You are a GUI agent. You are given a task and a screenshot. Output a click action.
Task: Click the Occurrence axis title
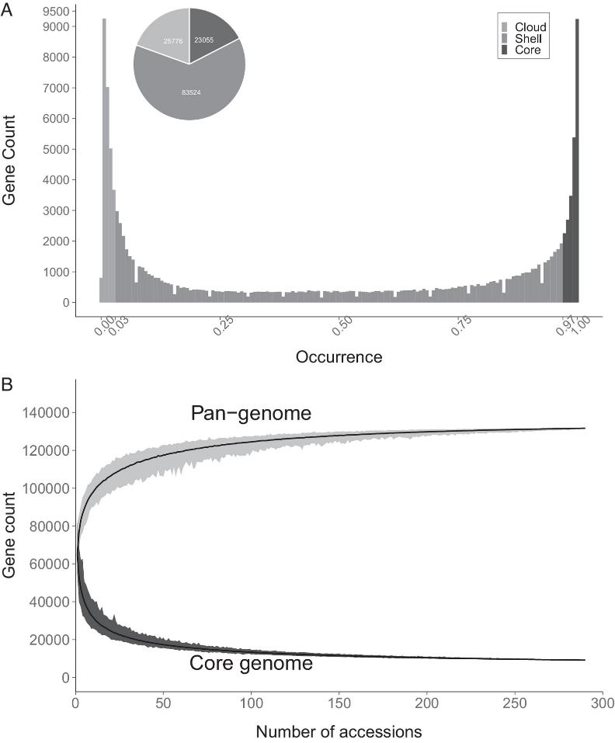click(339, 358)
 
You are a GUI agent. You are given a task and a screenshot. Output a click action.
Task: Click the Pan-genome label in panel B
click(251, 415)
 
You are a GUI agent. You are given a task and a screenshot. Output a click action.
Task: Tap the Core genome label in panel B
click(251, 665)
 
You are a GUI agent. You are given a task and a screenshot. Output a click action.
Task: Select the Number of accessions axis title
click(339, 731)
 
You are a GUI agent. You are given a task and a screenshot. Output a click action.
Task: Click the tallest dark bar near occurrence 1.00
click(577, 155)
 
